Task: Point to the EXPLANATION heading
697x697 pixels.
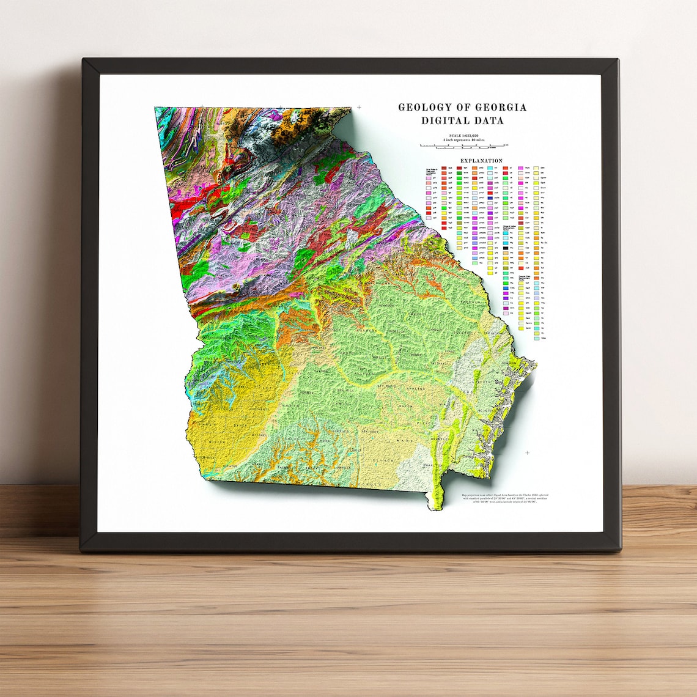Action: [481, 161]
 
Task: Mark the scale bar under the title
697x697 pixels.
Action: [462, 146]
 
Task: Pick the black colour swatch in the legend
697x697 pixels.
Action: [506, 248]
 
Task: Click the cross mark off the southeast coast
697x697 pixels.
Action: [527, 453]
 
